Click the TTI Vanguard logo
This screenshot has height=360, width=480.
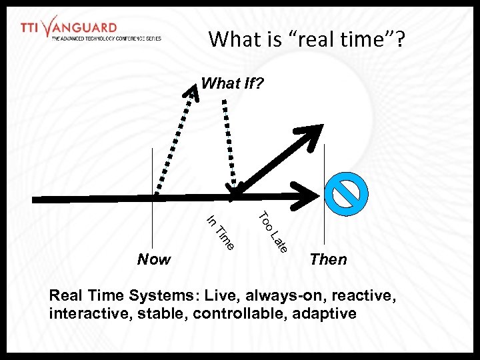90,29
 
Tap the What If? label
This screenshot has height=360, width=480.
232,84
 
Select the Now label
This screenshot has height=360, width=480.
153,259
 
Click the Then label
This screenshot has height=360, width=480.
328,259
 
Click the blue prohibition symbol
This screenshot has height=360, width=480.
346,193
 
